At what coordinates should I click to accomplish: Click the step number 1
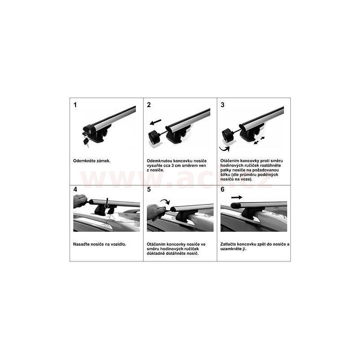(x=75, y=105)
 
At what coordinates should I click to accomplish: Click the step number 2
(x=149, y=105)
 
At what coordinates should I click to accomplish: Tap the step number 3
(x=222, y=105)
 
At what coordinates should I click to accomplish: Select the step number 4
(x=75, y=189)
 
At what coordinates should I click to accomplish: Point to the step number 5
(x=149, y=189)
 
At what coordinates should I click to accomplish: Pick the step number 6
(x=222, y=189)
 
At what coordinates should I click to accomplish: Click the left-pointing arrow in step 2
(x=155, y=121)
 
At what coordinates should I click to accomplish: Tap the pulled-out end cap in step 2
(x=155, y=136)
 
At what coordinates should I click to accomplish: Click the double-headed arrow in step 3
(x=259, y=141)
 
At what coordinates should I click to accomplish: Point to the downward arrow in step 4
(x=107, y=204)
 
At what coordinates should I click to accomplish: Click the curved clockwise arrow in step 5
(x=165, y=201)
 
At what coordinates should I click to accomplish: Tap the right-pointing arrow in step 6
(x=237, y=197)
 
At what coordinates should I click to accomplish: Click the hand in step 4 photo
(x=80, y=201)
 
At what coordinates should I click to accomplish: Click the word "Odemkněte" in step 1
(x=84, y=161)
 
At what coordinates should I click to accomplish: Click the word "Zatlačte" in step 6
(x=228, y=244)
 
